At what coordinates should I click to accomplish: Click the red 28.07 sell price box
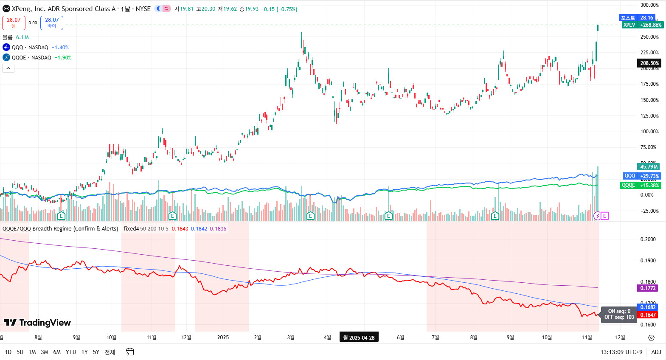[x=14, y=22]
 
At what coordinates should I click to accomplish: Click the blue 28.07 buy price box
[x=52, y=22]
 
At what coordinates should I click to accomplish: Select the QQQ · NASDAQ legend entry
[x=30, y=48]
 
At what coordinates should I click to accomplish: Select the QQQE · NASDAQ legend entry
[x=31, y=58]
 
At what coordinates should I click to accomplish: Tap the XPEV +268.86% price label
[x=642, y=25]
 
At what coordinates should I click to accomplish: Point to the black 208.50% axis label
[x=649, y=63]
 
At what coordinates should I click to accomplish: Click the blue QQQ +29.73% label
[x=642, y=176]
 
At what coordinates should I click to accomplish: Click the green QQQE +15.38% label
[x=641, y=186]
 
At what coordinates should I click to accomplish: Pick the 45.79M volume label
[x=649, y=167]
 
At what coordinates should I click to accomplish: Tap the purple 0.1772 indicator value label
[x=648, y=288]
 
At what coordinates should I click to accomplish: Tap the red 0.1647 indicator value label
[x=648, y=315]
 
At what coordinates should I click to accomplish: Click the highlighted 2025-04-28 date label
[x=359, y=337]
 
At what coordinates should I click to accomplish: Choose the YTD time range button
[x=71, y=352]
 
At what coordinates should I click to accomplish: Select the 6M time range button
[x=57, y=352]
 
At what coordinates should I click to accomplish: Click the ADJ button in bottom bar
[x=656, y=352]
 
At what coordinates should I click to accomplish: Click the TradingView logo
[x=37, y=323]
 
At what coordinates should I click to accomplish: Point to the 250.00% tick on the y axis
[x=649, y=37]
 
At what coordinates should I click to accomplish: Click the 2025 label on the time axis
[x=223, y=337]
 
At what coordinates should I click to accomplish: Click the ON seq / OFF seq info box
[x=619, y=314]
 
